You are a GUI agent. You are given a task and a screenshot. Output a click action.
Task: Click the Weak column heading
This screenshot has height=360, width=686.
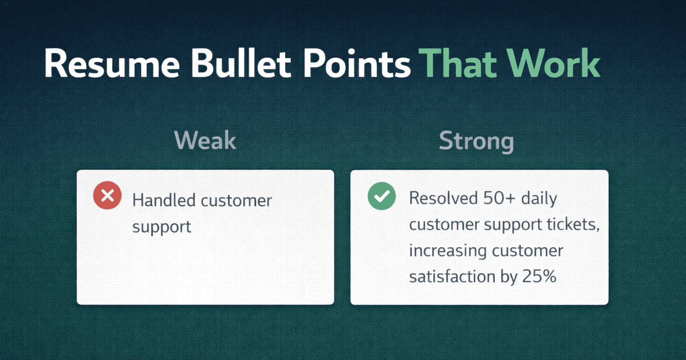tap(205, 141)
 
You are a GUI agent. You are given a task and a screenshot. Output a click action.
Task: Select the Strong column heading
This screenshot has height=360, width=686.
tap(476, 141)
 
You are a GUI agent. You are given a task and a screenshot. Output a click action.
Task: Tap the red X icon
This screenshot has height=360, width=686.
tap(107, 195)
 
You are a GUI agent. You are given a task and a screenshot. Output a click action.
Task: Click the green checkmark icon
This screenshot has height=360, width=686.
tap(382, 196)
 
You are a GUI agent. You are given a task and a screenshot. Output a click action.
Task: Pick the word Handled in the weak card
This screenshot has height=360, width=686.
tap(164, 201)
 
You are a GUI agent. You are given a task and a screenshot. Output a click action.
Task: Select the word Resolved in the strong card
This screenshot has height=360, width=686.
tap(443, 198)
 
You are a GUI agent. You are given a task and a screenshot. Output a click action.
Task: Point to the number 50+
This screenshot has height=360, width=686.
tap(499, 198)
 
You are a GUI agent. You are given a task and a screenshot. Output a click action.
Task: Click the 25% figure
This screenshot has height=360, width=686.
tap(539, 277)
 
